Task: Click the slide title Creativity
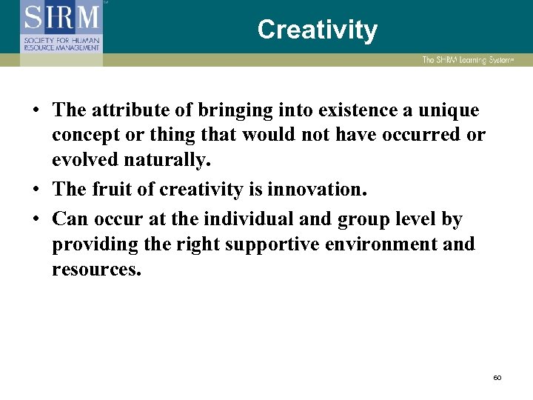pos(317,30)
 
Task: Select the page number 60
pos(497,378)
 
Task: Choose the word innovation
pos(317,189)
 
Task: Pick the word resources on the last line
pos(95,269)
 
